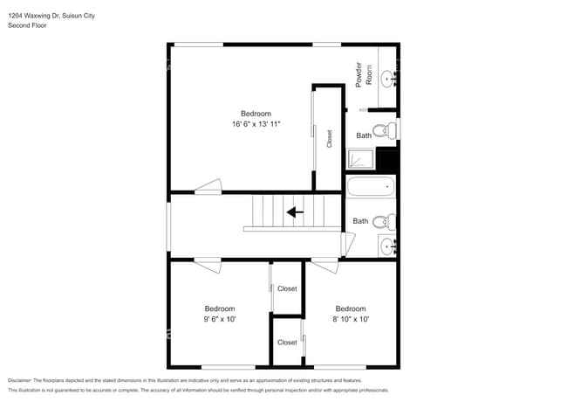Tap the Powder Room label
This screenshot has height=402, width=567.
[362, 74]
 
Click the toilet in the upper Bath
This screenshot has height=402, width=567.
[390, 131]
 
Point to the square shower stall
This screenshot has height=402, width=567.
[359, 158]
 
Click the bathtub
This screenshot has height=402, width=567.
[370, 186]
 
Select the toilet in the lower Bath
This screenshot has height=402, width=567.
[385, 221]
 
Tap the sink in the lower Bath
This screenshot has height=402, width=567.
[388, 245]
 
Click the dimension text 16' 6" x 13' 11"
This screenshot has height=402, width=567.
[256, 124]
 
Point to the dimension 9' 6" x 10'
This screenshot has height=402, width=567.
[219, 319]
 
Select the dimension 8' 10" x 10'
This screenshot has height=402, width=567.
[350, 319]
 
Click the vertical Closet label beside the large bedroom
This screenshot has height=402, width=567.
[329, 139]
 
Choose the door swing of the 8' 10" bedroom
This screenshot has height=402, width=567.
[324, 260]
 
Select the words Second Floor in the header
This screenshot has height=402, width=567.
[27, 25]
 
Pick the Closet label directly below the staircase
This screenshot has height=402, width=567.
[287, 288]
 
